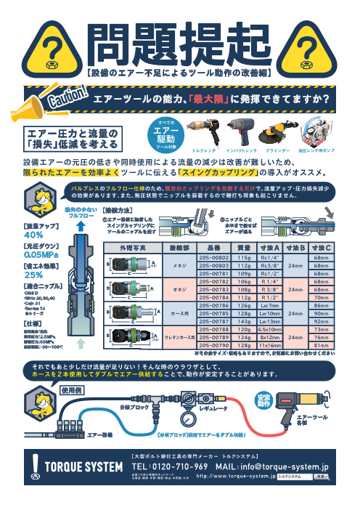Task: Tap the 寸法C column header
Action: click(320, 248)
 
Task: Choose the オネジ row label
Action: click(179, 288)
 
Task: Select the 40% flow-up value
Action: click(34, 235)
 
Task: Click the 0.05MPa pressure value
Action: click(42, 255)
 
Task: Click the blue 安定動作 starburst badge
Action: click(263, 400)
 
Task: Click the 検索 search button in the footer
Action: click(321, 477)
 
